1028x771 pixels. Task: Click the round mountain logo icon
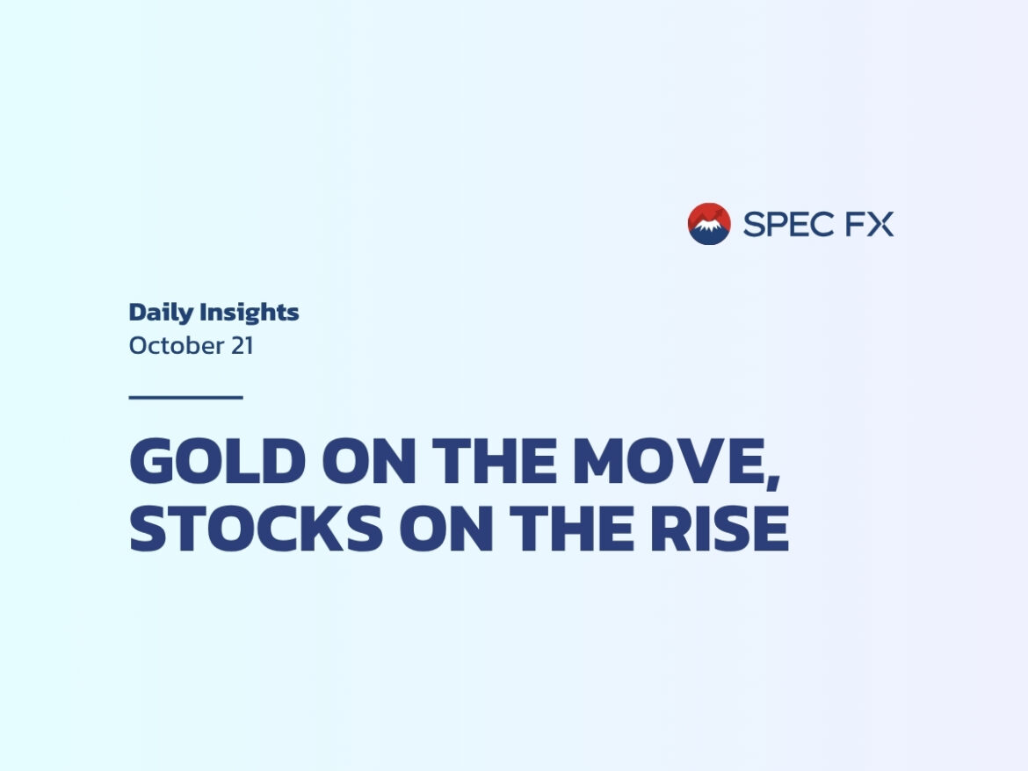pyautogui.click(x=709, y=224)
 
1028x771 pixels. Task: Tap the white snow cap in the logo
pyautogui.click(x=708, y=226)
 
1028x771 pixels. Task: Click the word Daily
pyautogui.click(x=161, y=313)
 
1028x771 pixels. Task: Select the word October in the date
pyautogui.click(x=175, y=346)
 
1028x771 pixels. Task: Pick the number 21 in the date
pyautogui.click(x=242, y=346)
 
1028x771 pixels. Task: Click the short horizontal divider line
pyautogui.click(x=185, y=397)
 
